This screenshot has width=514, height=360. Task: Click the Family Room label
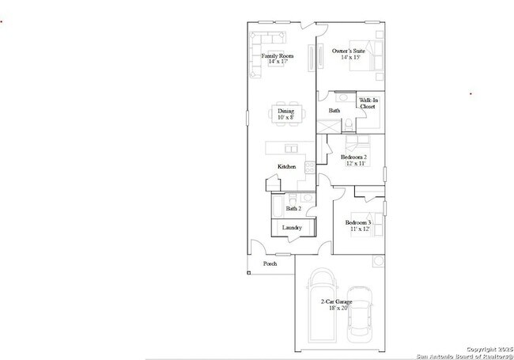tap(276, 56)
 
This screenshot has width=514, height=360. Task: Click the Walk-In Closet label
tap(368, 103)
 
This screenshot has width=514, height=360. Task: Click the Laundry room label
tap(292, 228)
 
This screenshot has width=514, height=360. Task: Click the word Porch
tap(270, 264)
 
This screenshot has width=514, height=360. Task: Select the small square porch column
tap(248, 273)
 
